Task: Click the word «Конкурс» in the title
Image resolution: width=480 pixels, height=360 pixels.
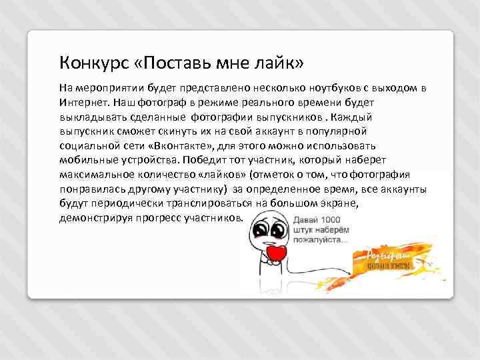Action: tap(89, 63)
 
